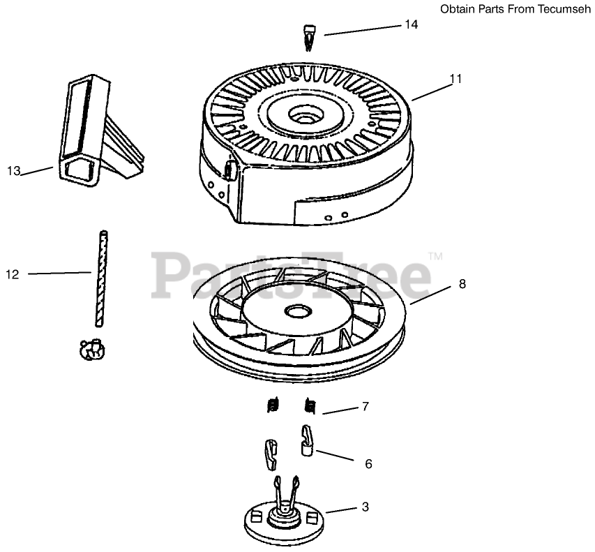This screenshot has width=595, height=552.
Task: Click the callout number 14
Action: tap(412, 24)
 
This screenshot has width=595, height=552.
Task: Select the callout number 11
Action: tap(455, 79)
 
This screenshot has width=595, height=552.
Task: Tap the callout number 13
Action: tap(14, 170)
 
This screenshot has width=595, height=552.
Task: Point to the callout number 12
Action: tap(13, 274)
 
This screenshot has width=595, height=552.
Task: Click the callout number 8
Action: tap(462, 284)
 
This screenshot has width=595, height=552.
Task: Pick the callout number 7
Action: tap(364, 406)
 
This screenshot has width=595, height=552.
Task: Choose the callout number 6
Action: tap(368, 463)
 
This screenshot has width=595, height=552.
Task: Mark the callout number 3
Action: tap(364, 507)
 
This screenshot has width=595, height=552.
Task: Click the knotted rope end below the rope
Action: tap(91, 349)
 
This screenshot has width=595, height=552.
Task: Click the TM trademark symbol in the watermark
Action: tap(435, 257)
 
